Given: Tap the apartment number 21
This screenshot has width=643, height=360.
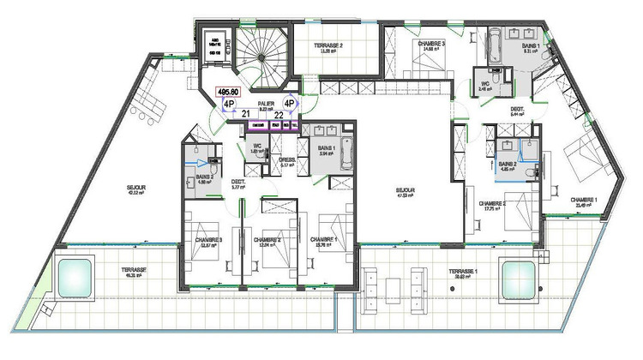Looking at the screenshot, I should (x=245, y=113).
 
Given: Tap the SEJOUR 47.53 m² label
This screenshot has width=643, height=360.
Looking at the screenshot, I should (x=405, y=192).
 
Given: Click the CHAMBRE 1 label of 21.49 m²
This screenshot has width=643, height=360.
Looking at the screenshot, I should (x=586, y=201).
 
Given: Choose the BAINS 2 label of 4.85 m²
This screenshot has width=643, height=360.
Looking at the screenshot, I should (x=508, y=165).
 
